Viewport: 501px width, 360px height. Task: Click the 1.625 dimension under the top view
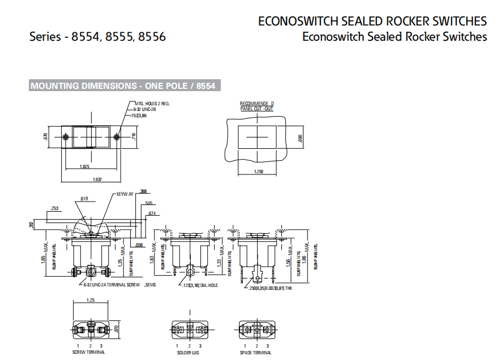tap(85, 167)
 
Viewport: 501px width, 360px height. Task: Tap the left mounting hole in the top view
tap(66, 138)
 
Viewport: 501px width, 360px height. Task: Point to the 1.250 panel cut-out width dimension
tap(259, 172)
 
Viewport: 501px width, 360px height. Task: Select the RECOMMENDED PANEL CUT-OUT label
tap(256, 106)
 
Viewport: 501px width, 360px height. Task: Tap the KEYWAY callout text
tap(125, 194)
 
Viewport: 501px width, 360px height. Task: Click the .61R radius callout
tap(84, 199)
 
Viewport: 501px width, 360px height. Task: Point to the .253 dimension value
tap(54, 208)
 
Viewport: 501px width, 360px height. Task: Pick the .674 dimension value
tap(152, 213)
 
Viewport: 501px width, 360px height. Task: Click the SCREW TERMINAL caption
tap(89, 352)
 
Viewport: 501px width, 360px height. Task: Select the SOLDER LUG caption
tap(189, 352)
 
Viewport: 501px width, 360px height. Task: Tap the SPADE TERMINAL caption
tap(256, 352)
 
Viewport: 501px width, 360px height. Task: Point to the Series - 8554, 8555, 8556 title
tap(98, 37)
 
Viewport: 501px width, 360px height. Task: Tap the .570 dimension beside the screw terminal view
tap(116, 329)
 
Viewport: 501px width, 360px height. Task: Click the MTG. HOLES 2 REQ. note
tap(152, 104)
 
